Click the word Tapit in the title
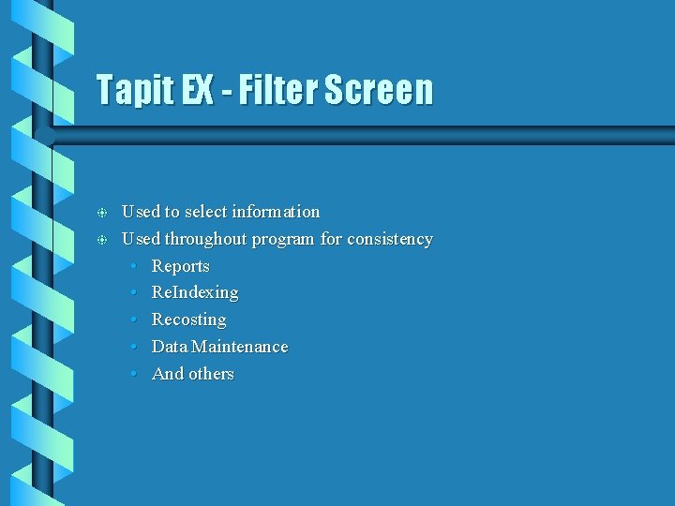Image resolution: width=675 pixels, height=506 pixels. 135,91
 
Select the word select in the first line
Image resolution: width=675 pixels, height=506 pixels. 202,212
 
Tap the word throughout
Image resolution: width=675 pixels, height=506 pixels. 203,239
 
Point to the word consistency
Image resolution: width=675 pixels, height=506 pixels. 390,239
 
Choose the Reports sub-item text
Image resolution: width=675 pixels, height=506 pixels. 181,266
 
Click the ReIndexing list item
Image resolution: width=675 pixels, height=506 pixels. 195,293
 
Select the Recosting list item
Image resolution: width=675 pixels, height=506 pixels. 188,320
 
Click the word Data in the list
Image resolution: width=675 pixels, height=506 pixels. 170,347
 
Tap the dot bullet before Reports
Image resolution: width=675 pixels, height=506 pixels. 135,267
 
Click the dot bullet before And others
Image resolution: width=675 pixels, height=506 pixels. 135,375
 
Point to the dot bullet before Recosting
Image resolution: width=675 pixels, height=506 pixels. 135,320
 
